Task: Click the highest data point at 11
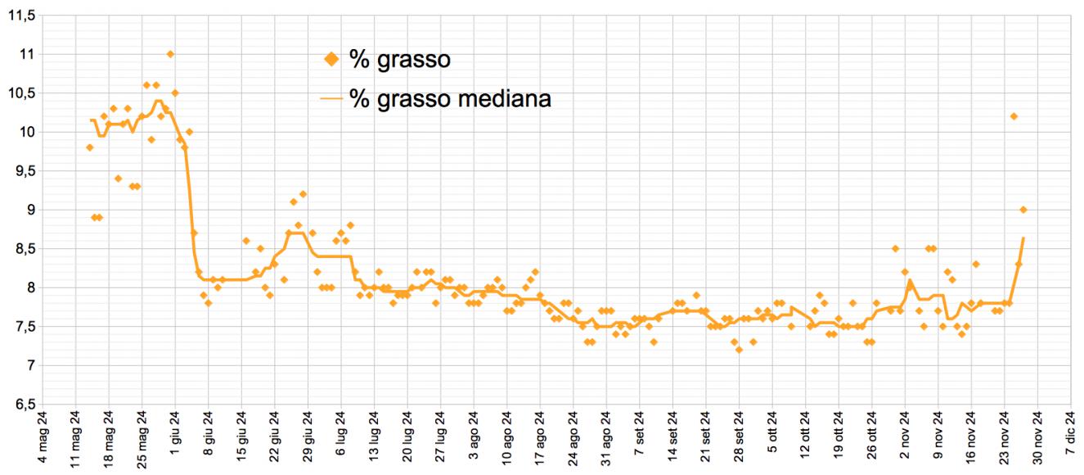point(170,54)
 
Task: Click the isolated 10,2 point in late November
point(1014,116)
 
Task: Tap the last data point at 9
point(1023,210)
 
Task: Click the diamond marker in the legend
point(331,59)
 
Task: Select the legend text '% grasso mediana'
point(450,99)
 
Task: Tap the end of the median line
point(1023,238)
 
